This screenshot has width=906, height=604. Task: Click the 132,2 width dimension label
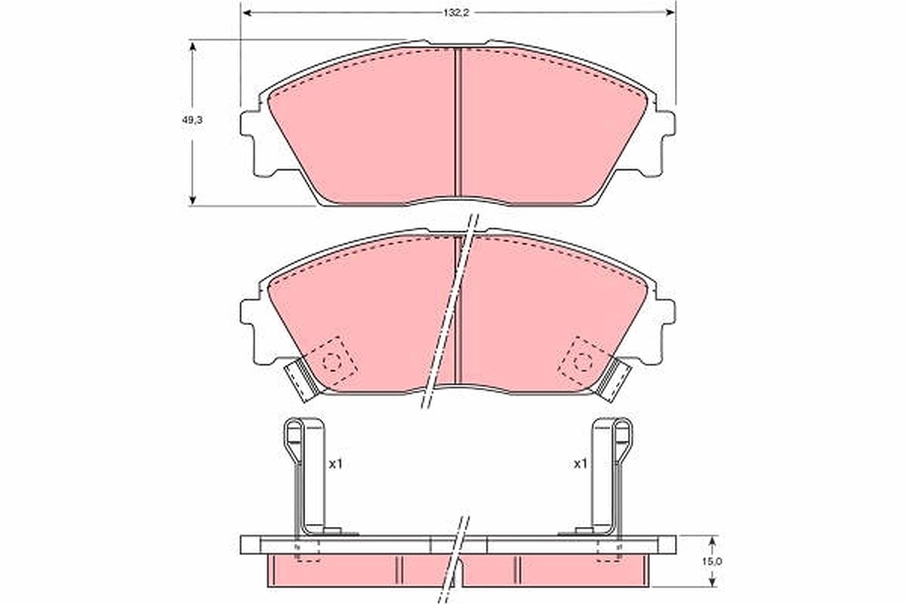[455, 13]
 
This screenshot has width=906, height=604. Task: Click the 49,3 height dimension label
[192, 120]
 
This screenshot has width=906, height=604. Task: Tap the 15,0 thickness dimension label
[713, 562]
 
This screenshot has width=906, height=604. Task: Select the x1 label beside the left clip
[335, 464]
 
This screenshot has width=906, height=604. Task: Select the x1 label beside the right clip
[580, 464]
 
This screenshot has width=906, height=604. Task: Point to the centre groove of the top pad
[458, 125]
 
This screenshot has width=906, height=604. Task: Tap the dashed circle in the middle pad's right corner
[583, 362]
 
